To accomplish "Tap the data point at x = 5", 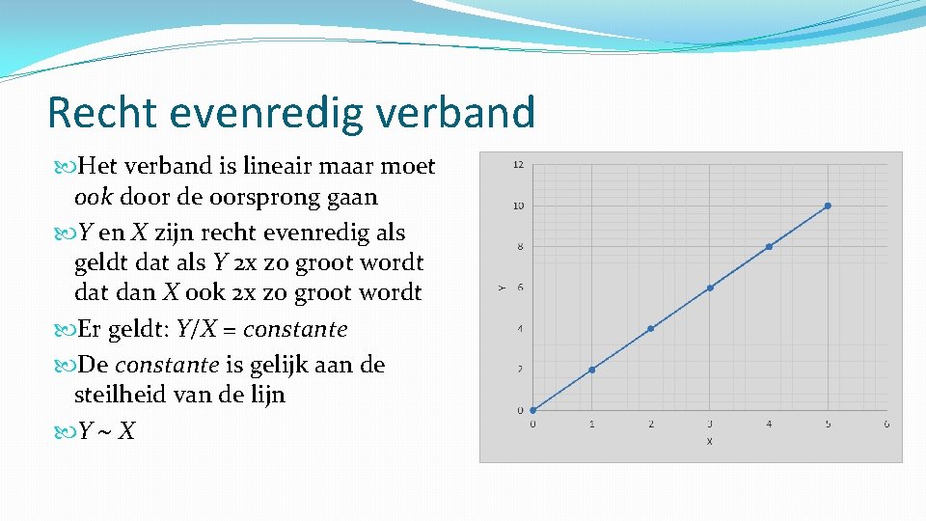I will pyautogui.click(x=828, y=206).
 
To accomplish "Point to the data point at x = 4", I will pyautogui.click(x=769, y=247).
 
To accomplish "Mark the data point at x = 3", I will pyautogui.click(x=710, y=288).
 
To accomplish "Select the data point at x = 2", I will pyautogui.click(x=651, y=329).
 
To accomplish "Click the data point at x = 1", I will pyautogui.click(x=591, y=370).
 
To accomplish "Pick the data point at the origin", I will pyautogui.click(x=532, y=410).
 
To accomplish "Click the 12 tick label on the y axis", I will pyautogui.click(x=518, y=165).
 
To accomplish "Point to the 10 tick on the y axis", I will pyautogui.click(x=518, y=206).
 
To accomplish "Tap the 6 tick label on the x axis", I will pyautogui.click(x=886, y=425).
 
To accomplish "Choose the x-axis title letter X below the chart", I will pyautogui.click(x=709, y=441).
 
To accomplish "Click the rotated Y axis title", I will pyautogui.click(x=501, y=288).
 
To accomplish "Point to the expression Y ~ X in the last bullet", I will pyautogui.click(x=106, y=430).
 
